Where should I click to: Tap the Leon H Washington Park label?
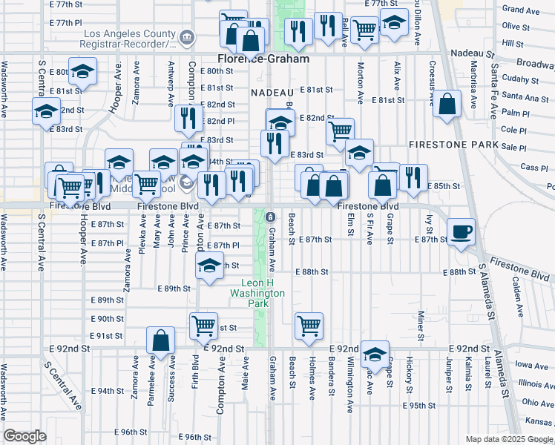tap(263, 288)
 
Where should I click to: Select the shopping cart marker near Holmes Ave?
tap(309, 325)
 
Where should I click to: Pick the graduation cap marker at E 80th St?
tap(83, 71)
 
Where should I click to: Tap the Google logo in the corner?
tap(24, 436)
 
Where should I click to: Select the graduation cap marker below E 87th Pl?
tap(210, 266)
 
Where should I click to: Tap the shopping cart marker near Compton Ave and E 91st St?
tap(203, 325)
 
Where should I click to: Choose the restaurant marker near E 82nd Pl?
tap(189, 117)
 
